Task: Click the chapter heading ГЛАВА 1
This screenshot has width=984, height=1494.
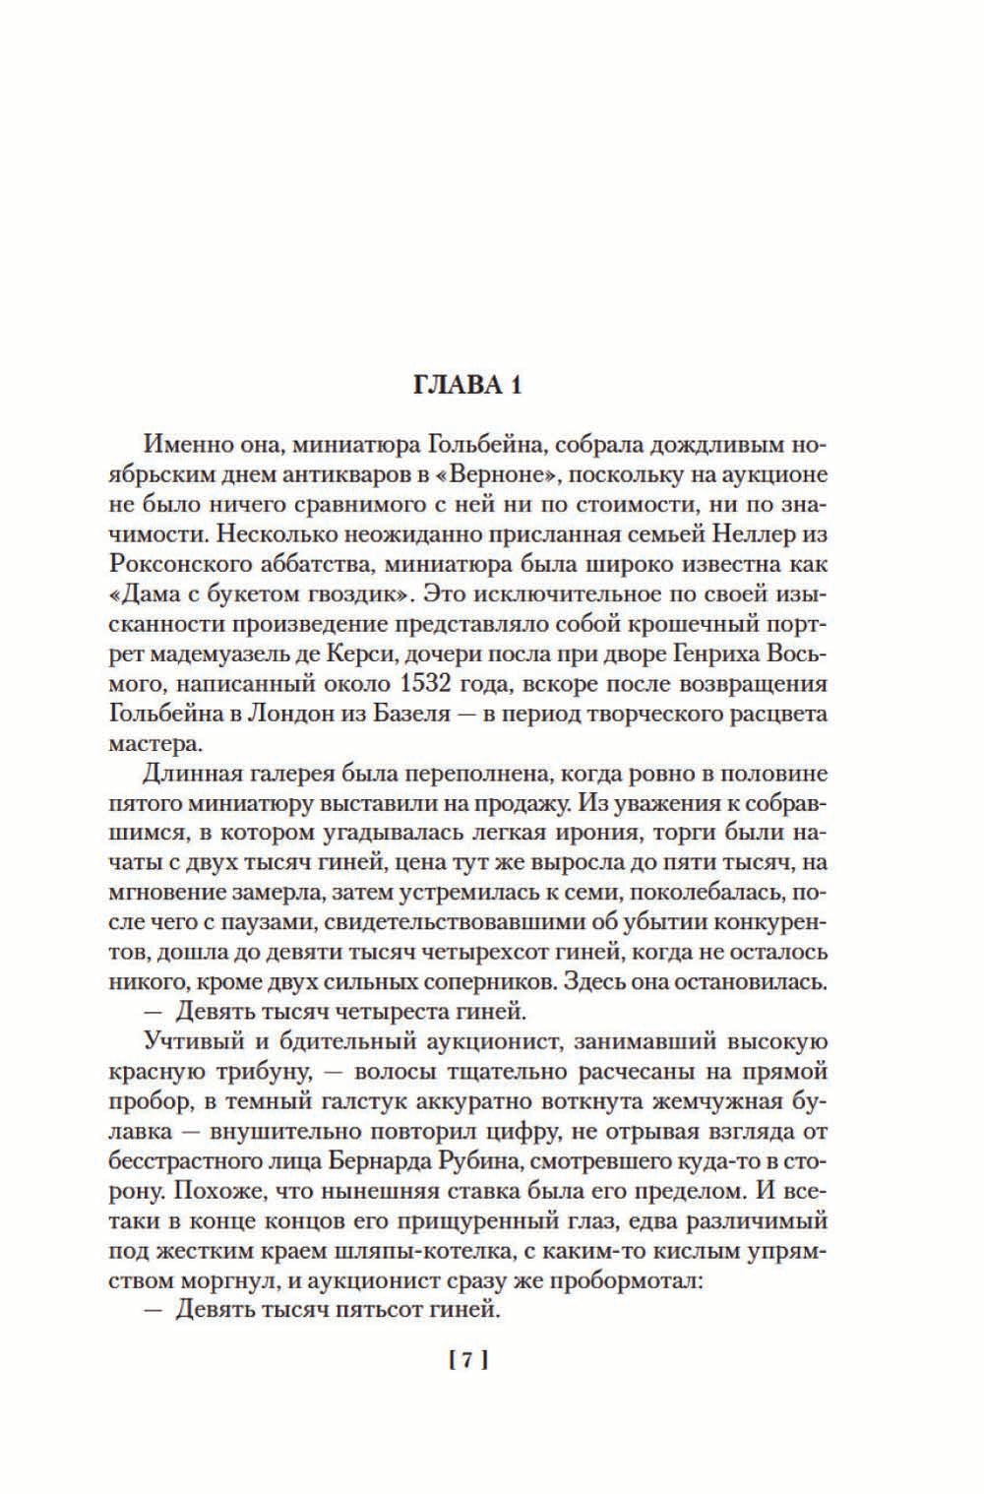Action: coord(467,385)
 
